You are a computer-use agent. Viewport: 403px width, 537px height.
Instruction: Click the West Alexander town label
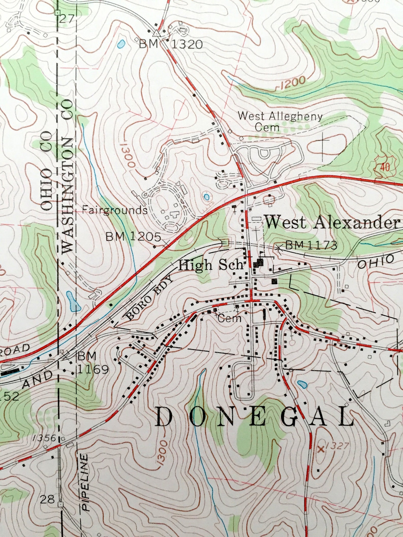pos(331,222)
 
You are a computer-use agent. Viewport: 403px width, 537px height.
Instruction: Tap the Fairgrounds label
pos(115,210)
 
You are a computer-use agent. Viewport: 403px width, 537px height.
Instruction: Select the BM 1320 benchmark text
pos(171,45)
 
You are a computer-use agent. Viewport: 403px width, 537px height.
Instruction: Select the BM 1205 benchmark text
pos(133,237)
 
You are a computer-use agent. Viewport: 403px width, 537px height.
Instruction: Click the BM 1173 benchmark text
pos(311,245)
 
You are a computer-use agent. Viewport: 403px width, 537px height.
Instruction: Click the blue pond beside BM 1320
pos(121,44)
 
